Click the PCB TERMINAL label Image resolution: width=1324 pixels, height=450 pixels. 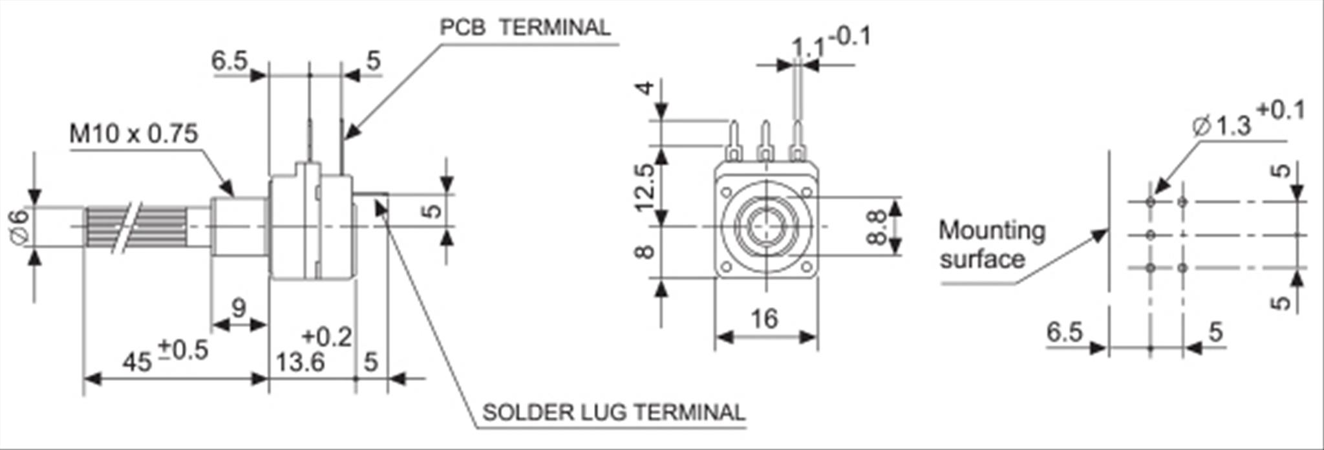524,28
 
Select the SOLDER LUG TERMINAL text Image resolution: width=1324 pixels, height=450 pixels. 614,412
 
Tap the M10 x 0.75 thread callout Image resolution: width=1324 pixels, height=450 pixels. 133,134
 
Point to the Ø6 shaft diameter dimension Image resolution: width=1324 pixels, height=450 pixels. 21,226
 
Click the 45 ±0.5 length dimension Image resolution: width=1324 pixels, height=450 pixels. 165,357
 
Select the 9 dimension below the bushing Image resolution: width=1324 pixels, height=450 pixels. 239,308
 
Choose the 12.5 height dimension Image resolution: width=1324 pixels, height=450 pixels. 645,187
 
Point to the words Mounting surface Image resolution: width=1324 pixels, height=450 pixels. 990,244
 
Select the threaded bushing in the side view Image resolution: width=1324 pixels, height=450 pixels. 239,226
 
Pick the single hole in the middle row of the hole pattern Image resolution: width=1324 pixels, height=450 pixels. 1150,235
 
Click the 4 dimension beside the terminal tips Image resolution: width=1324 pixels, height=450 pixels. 645,87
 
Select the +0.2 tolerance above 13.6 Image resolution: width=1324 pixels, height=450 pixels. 327,337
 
